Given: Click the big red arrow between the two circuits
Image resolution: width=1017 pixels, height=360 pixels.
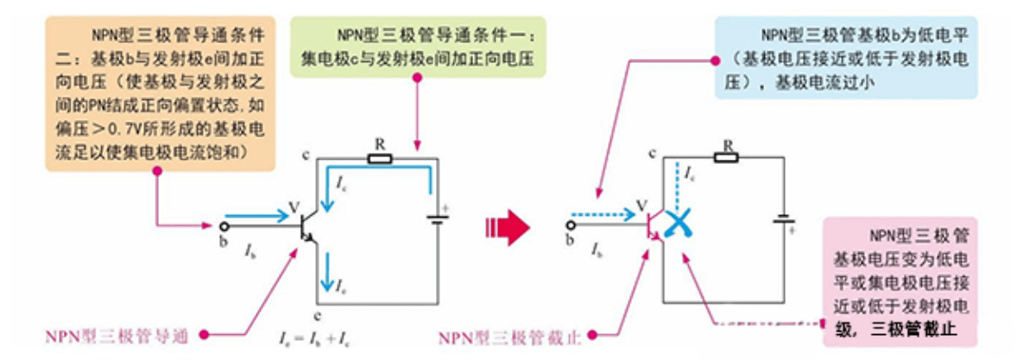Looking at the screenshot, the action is point(507,227).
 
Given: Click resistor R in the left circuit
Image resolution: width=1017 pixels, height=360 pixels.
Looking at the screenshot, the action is point(379,158).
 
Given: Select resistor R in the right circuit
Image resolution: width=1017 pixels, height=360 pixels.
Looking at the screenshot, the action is point(727,157).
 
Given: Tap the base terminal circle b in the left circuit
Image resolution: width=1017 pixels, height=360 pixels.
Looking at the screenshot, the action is point(224,226).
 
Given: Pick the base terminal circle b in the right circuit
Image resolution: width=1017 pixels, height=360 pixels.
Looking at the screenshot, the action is point(571,225).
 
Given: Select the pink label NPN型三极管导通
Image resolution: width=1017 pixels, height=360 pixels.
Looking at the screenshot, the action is point(117,336).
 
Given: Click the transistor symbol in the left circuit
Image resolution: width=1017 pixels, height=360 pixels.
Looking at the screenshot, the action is point(306,227).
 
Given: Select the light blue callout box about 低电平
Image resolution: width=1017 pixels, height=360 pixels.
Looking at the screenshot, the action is point(846,59).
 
